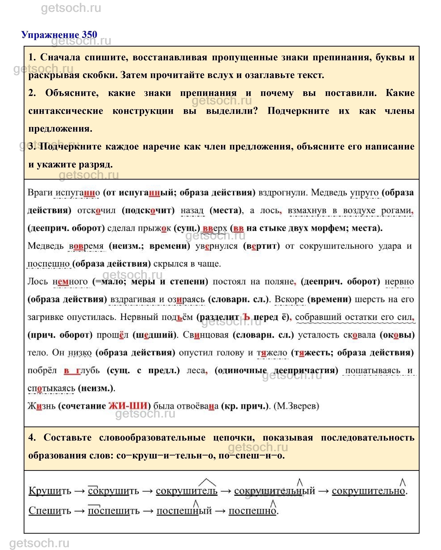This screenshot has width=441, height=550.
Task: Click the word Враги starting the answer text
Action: click(x=40, y=192)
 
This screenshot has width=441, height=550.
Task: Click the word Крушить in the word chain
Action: click(x=50, y=491)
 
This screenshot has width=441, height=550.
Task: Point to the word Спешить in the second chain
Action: click(x=50, y=510)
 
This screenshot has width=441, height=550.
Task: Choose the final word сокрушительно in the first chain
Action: click(x=368, y=491)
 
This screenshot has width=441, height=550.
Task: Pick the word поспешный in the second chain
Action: click(x=184, y=510)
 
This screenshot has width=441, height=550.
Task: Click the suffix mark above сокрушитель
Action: click(x=207, y=482)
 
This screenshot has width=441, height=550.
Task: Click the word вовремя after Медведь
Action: click(x=86, y=246)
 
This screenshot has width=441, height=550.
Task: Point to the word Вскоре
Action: click(x=289, y=299)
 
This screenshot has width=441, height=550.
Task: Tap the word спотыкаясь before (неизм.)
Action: click(x=51, y=388)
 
